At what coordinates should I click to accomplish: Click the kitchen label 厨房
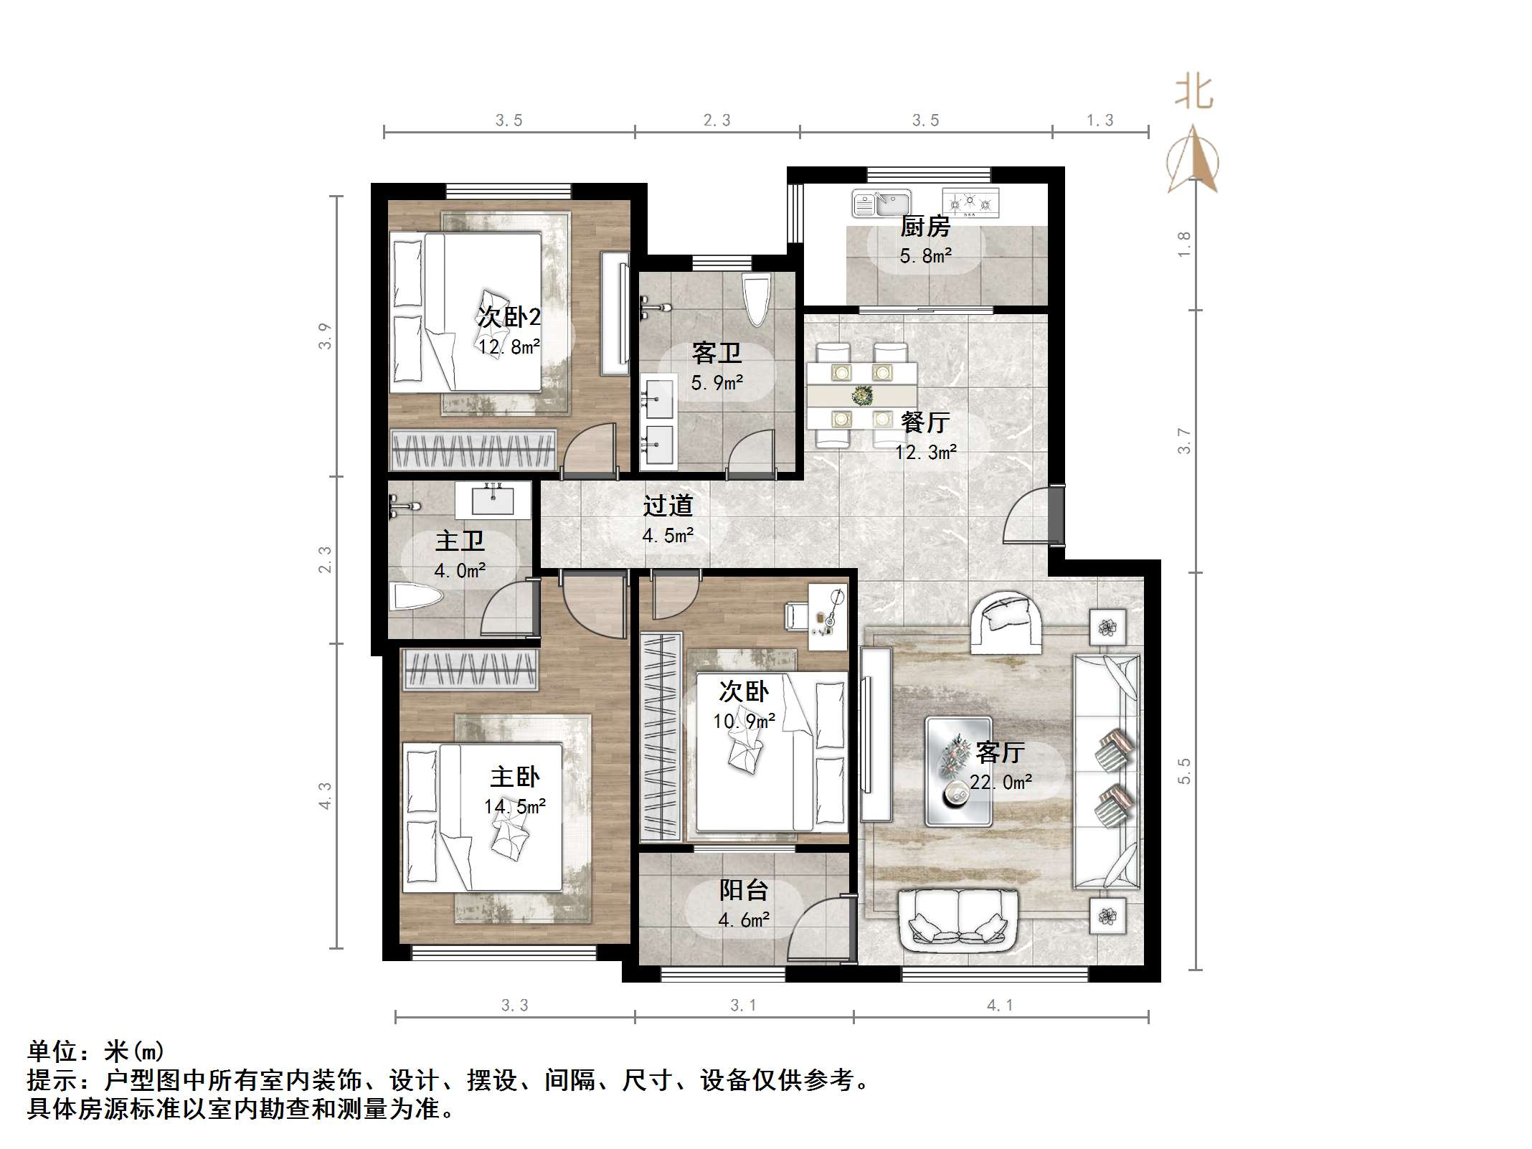[x=925, y=227]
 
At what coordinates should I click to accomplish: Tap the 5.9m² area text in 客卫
[x=717, y=383]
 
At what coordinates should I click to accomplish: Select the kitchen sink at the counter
[x=881, y=203]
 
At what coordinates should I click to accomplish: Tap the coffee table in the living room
[x=959, y=771]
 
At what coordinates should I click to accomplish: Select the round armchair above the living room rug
[x=1006, y=623]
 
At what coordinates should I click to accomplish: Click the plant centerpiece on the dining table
[x=861, y=394]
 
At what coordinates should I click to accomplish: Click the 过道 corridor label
[x=668, y=506]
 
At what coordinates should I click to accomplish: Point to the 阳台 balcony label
[x=744, y=890]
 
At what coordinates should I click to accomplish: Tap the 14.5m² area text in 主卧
[x=514, y=807]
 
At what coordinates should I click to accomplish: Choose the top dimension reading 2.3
[x=717, y=120]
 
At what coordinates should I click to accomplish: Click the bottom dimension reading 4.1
[x=1000, y=1006]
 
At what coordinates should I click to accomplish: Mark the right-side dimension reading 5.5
[x=1184, y=771]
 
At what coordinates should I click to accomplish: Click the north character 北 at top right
[x=1193, y=93]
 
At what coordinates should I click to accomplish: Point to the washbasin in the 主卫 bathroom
[x=493, y=499]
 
